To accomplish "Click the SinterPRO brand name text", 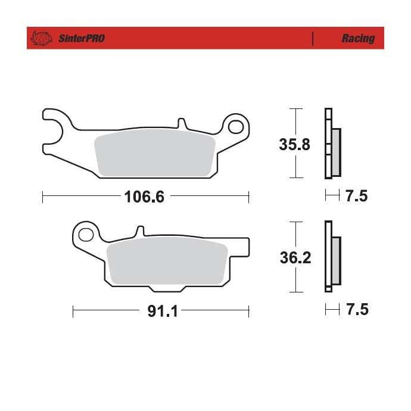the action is click(x=82, y=38).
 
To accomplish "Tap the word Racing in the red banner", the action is click(x=358, y=39).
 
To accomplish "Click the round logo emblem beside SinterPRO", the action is click(x=41, y=38).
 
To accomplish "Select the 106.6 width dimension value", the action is click(x=144, y=197).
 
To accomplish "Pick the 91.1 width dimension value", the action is click(x=163, y=311).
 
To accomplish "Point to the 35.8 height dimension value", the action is click(x=294, y=144).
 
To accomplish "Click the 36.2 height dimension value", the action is click(x=295, y=257).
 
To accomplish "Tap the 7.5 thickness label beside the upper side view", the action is click(x=357, y=196).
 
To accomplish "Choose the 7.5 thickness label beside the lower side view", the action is click(x=357, y=309).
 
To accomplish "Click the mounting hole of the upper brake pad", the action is click(x=236, y=127).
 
